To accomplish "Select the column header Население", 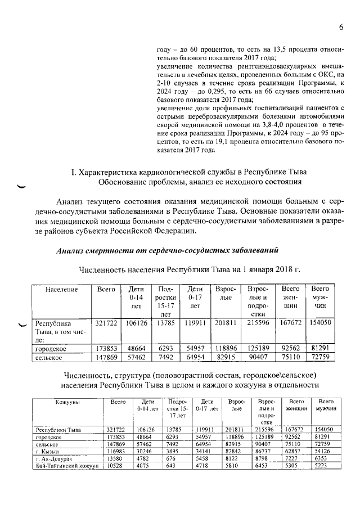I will (61, 289).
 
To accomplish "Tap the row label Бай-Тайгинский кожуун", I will (66, 466).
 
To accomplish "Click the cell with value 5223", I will (321, 466).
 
